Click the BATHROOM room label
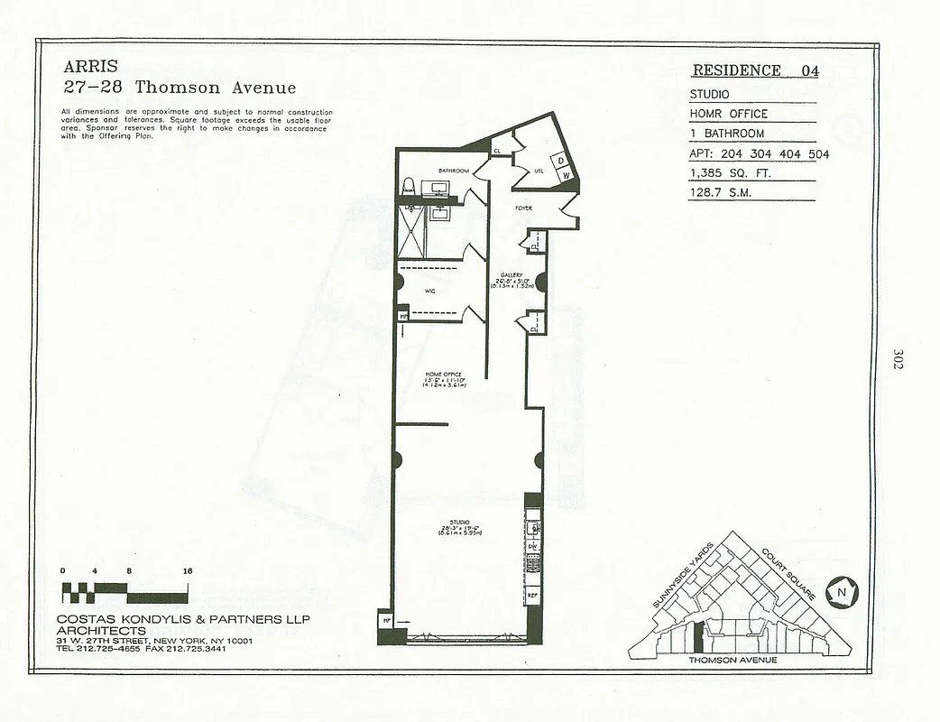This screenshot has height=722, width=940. click(x=453, y=171)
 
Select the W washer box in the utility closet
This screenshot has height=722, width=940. click(x=565, y=177)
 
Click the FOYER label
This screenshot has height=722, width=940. click(x=524, y=208)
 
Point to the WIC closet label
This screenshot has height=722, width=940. click(x=430, y=292)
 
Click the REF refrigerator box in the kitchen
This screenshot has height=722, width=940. click(x=532, y=597)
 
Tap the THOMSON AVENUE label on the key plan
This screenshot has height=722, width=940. click(x=733, y=660)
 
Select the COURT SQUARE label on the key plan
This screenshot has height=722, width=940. click(x=788, y=573)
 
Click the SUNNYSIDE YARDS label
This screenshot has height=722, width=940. click(x=683, y=574)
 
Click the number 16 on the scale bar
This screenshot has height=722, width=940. click(x=187, y=571)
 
